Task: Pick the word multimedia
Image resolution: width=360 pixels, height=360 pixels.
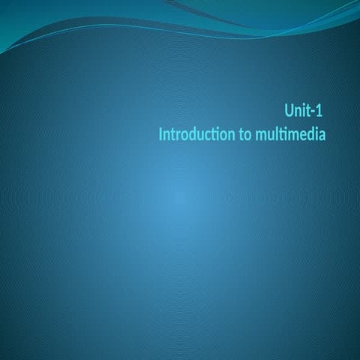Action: (x=289, y=135)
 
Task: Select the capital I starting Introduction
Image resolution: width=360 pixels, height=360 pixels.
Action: (x=160, y=135)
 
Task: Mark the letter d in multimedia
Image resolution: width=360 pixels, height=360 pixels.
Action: (x=307, y=135)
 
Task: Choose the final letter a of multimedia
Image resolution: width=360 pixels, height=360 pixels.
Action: (x=320, y=136)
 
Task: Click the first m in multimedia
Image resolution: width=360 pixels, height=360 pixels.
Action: (x=257, y=136)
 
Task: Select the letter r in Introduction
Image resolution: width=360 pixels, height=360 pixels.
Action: (x=178, y=136)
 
